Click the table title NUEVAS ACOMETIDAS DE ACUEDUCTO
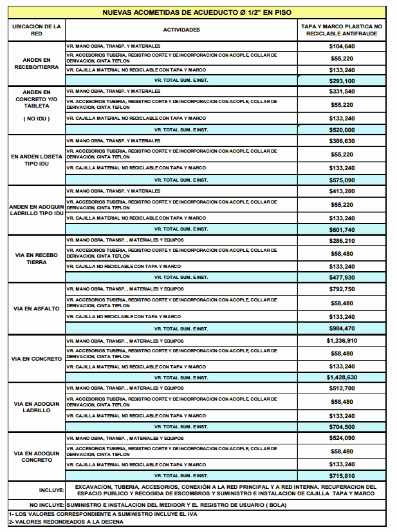coord(197,12)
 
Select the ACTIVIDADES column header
coord(181,30)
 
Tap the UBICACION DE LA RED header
coord(37,30)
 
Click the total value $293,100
coord(342,81)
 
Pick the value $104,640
coord(342,46)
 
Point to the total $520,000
coord(342,129)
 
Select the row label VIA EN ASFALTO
coord(37,309)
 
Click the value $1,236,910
coord(342,341)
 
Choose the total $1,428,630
coord(342,377)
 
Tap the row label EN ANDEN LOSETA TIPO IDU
coord(37,160)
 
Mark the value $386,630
coord(342,140)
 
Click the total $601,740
coord(342,229)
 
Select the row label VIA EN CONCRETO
coord(37,358)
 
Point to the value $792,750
coord(342,289)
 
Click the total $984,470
coord(342,328)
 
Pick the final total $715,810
coord(342,475)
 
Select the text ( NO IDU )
coord(37,119)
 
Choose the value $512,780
coord(342,388)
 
